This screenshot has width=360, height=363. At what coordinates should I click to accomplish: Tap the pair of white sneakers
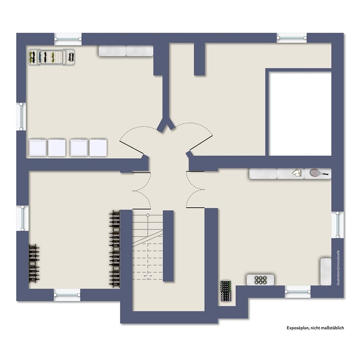click(297, 173)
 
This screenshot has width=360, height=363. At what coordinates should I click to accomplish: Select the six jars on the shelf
click(260, 280)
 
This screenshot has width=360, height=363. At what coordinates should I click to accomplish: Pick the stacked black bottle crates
click(226, 291)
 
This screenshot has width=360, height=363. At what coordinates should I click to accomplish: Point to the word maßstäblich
click(333, 328)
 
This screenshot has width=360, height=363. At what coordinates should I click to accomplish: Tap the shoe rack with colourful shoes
click(51, 57)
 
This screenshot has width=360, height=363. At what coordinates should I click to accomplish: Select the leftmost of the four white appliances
click(38, 148)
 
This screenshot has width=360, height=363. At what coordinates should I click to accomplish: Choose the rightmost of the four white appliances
click(98, 147)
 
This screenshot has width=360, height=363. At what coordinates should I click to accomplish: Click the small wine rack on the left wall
click(34, 264)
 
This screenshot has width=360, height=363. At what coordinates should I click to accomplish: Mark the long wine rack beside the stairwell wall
click(115, 249)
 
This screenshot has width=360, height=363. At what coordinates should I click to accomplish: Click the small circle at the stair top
click(148, 215)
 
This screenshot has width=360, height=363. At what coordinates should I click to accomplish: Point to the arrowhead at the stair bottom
click(148, 276)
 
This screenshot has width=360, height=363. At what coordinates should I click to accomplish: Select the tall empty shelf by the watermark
click(326, 272)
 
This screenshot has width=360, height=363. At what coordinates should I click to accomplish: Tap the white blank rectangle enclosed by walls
click(300, 114)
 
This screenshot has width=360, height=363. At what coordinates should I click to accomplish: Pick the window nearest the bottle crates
click(297, 291)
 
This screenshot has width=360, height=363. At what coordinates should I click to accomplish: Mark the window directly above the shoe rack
click(68, 39)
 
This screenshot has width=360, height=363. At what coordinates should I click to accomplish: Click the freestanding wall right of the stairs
click(168, 246)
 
